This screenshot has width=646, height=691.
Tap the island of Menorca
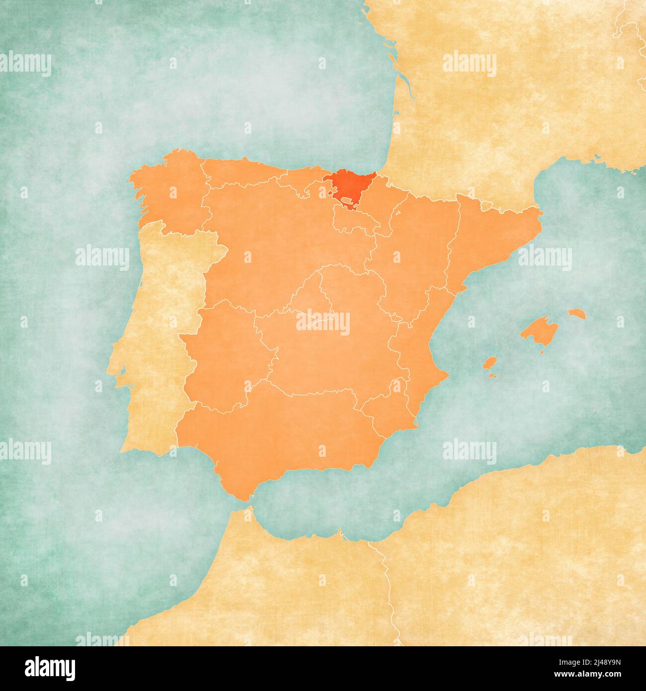[577, 314]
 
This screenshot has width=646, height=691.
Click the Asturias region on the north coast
[239, 172]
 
